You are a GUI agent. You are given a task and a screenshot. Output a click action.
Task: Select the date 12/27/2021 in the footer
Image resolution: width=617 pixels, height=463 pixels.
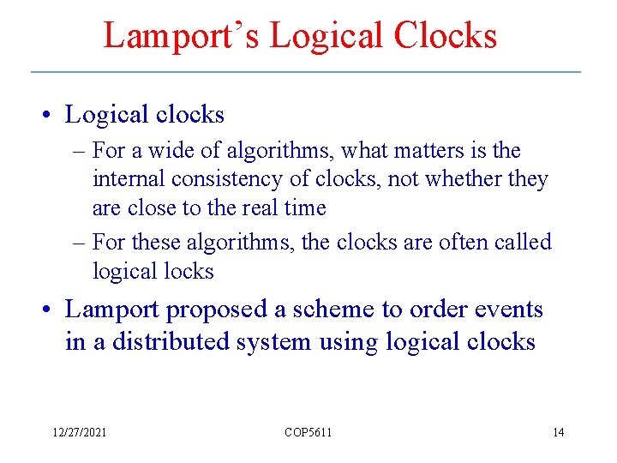click(78, 432)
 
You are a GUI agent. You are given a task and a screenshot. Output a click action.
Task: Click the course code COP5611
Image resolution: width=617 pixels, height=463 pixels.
click(308, 432)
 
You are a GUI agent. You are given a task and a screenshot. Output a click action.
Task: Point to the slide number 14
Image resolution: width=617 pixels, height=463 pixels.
click(558, 432)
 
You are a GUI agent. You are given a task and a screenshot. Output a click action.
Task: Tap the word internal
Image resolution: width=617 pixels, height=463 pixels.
click(129, 179)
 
